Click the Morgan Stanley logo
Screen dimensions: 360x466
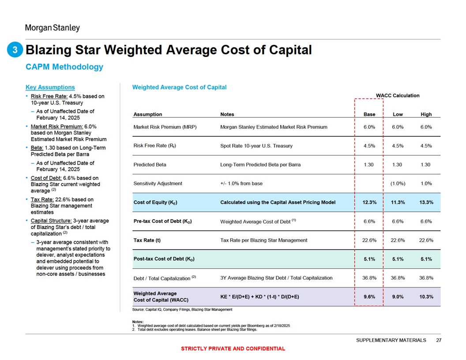click(52, 28)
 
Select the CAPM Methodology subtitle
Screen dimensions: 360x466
click(64, 67)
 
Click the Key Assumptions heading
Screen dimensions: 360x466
click(50, 87)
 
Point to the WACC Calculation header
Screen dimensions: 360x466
click(398, 95)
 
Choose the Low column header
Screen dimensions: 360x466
click(398, 114)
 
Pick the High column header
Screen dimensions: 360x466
click(426, 114)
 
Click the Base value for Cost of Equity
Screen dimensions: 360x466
click(369, 202)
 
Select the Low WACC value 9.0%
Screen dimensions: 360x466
click(398, 297)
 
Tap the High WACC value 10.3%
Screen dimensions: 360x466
click(426, 297)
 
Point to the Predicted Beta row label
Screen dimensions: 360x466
click(149, 165)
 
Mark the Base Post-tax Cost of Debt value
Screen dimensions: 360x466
click(369, 259)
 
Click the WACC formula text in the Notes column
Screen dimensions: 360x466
click(259, 297)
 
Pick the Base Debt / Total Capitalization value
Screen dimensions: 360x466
click(369, 278)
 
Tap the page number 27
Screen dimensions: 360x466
click(438, 340)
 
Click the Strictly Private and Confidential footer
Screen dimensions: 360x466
click(233, 349)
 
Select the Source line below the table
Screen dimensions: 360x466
click(182, 310)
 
